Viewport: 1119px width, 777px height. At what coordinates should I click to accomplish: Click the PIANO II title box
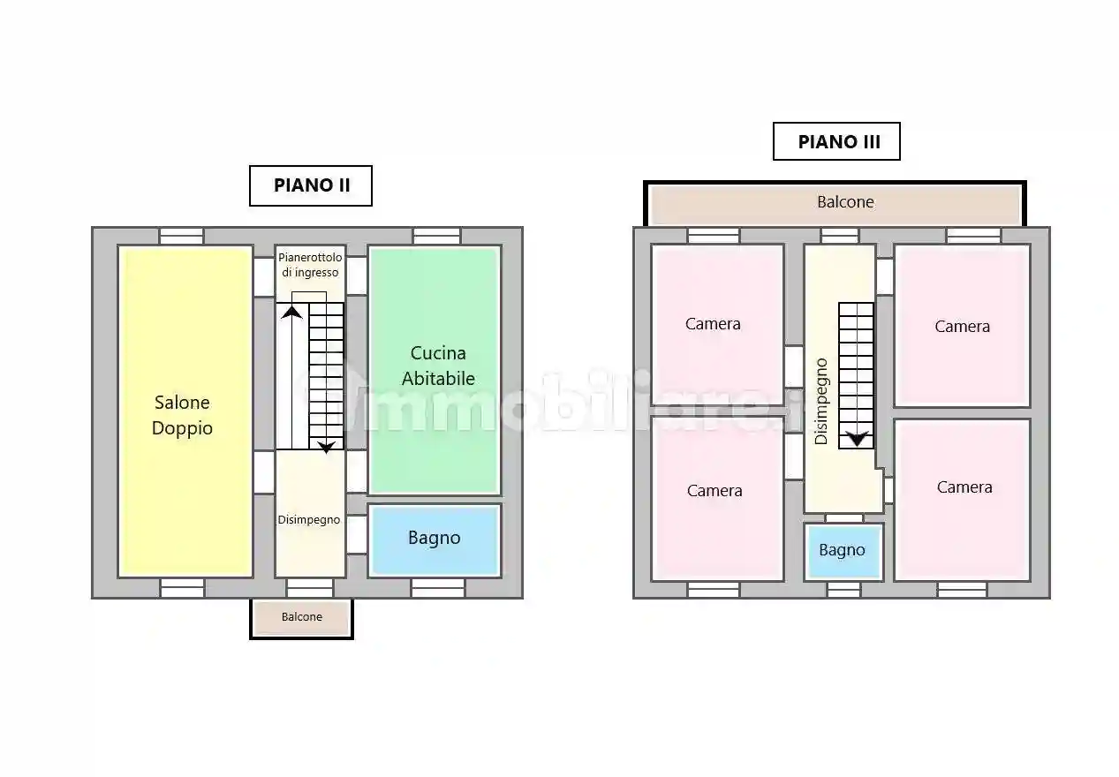[x=311, y=185]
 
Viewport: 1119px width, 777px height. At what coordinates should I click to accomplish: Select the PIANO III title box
[x=836, y=141]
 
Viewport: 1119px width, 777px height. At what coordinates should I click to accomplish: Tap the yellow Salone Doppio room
[x=185, y=411]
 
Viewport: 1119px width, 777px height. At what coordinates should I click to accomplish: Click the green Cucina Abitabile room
[x=435, y=370]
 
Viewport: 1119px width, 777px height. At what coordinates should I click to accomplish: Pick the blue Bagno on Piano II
[x=435, y=540]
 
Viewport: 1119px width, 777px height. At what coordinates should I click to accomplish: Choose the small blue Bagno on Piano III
[x=843, y=552]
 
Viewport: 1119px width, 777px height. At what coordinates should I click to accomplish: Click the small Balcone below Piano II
[x=302, y=618]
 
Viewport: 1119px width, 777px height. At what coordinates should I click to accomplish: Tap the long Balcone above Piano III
[x=835, y=204]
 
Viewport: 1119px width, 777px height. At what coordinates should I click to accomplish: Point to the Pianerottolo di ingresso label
[x=310, y=265]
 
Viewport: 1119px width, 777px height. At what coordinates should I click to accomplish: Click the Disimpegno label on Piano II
[x=309, y=520]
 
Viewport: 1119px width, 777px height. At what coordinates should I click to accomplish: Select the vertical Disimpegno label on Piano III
[x=820, y=401]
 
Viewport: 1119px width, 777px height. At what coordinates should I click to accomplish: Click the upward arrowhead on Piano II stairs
[x=291, y=313]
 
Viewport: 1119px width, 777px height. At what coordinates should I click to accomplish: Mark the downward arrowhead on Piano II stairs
[x=326, y=448]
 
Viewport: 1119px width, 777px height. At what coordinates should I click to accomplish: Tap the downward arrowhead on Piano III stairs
[x=857, y=439]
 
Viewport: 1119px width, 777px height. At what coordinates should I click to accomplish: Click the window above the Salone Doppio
[x=181, y=236]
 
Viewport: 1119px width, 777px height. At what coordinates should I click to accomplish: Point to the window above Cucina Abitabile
[x=437, y=236]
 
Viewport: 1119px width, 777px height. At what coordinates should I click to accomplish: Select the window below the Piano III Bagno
[x=843, y=590]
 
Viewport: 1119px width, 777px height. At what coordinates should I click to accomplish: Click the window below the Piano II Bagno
[x=438, y=588]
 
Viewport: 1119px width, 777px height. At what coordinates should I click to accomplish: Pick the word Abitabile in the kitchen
[x=438, y=379]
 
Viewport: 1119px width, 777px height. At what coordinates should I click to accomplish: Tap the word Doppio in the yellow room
[x=182, y=429]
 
